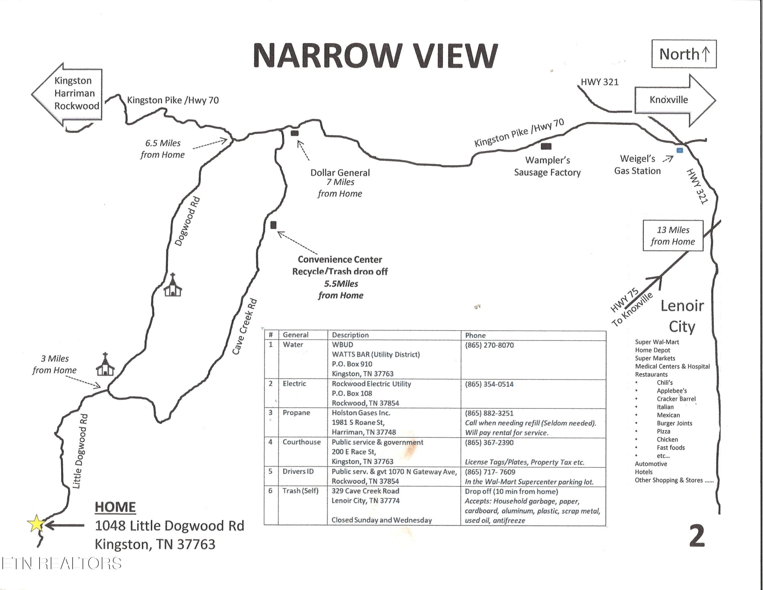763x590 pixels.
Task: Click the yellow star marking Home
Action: [36, 524]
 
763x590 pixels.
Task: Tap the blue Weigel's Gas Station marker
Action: [680, 150]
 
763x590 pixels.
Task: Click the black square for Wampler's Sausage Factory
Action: [546, 146]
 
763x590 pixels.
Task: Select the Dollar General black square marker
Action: [295, 133]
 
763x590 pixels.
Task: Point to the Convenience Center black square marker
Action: [273, 225]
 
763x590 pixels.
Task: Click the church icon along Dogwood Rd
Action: [173, 285]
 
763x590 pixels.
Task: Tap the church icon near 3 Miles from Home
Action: [105, 364]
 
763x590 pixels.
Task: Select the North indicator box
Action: [684, 54]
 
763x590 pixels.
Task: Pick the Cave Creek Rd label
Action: [245, 327]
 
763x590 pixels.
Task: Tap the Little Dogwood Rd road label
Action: [80, 451]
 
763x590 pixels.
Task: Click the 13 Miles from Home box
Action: [673, 236]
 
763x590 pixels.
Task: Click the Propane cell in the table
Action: [296, 413]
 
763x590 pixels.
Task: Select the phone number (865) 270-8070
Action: [489, 345]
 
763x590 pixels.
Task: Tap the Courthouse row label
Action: [301, 442]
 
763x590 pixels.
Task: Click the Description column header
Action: [350, 335]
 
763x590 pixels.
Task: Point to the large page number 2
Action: [697, 536]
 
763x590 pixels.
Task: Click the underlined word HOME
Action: [115, 507]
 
